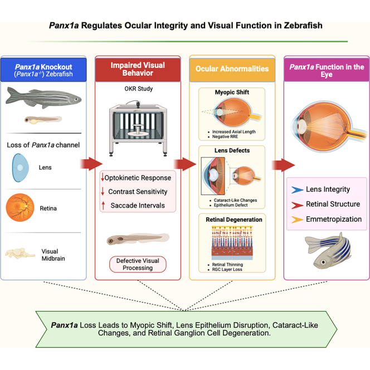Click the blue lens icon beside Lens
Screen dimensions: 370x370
coord(21,168)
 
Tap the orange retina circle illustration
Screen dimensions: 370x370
coord(20,207)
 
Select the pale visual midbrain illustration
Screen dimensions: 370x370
coord(20,254)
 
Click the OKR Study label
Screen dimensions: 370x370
coord(139,89)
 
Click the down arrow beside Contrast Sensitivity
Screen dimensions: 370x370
coord(103,191)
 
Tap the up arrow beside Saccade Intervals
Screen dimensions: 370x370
coord(103,206)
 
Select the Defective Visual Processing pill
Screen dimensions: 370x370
coord(138,264)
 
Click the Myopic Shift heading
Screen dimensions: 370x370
coord(232,93)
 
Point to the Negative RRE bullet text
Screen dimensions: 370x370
coord(225,137)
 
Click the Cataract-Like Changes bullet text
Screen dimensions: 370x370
coord(235,200)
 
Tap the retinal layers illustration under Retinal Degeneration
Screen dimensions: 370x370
coord(232,243)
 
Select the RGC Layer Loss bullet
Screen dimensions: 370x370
coord(227,269)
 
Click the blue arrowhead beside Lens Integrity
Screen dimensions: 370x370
coord(298,189)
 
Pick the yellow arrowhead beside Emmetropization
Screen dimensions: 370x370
coord(298,220)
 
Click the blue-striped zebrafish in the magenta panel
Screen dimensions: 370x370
coord(328,251)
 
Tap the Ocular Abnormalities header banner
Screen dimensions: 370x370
coord(232,69)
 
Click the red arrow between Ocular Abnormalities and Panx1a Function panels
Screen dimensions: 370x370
coord(283,165)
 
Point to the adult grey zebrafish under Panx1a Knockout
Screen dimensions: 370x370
coord(43,98)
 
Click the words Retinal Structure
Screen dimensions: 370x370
coord(333,204)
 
